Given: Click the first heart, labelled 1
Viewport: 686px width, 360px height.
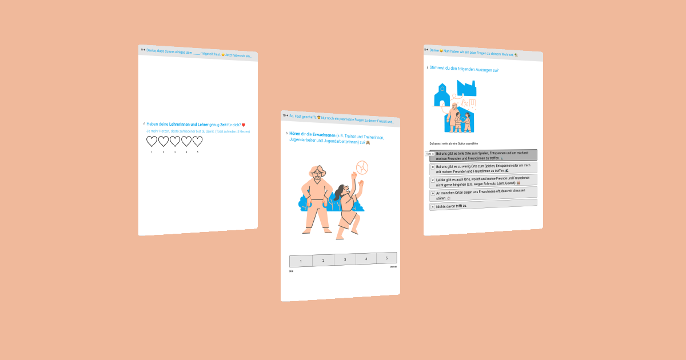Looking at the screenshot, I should pos(151,141).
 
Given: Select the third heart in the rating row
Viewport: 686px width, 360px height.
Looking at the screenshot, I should pos(175,141).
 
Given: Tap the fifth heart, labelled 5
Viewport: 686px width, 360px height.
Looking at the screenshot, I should pos(198,141).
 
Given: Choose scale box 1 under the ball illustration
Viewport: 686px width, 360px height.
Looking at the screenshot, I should pos(301,261).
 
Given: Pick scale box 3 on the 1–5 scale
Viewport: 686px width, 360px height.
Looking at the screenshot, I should pos(345,259).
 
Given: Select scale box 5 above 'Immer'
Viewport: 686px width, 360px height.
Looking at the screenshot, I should pos(386,258).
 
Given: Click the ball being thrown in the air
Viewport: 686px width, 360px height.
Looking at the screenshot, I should pos(362,167).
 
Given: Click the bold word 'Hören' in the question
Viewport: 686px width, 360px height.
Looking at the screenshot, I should pos(294,134).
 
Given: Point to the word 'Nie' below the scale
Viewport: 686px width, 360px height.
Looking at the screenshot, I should pos(292,271).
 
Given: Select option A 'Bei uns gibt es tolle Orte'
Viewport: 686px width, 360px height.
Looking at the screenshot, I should pos(483,155).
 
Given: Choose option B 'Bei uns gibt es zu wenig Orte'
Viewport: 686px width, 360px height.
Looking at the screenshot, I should pos(483,168).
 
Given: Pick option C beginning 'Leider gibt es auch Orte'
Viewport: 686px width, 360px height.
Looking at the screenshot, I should pos(483,181).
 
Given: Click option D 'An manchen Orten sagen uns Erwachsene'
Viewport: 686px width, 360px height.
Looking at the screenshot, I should pos(483,194).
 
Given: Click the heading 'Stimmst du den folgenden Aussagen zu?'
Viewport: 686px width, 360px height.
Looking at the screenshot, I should pos(464,70).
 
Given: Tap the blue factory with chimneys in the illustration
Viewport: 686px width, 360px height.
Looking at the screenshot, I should pos(466,88).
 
